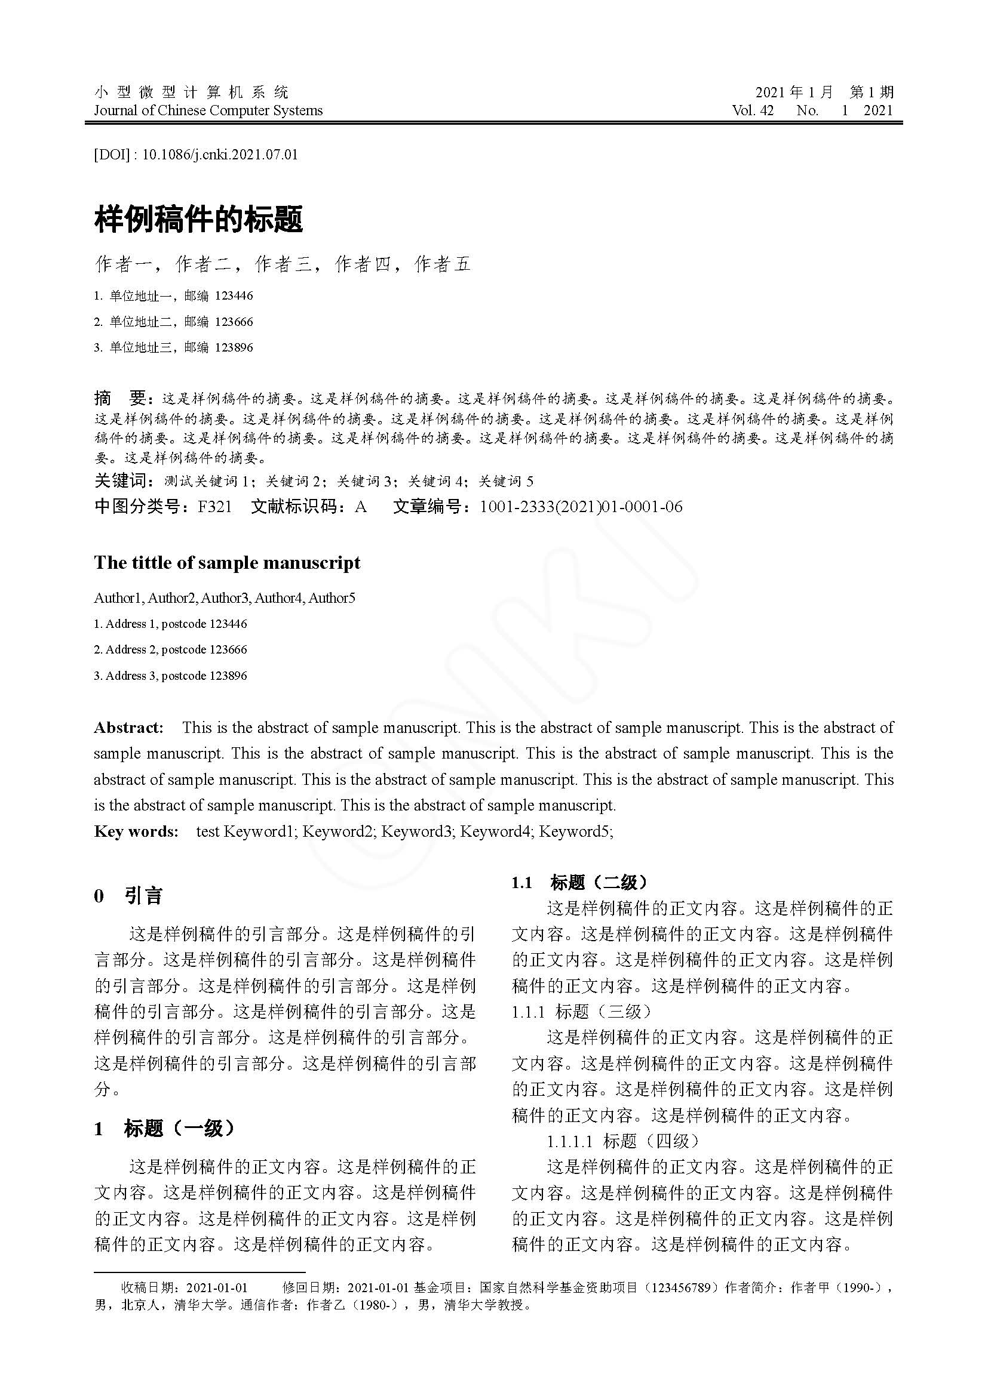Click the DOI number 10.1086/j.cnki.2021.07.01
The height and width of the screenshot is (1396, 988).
[x=220, y=155]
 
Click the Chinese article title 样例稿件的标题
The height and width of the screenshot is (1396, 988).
[x=198, y=220]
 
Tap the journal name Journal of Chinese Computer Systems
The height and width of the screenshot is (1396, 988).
[x=208, y=110]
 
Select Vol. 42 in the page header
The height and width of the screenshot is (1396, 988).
[x=753, y=110]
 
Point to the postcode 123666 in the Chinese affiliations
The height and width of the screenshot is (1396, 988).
[x=234, y=322]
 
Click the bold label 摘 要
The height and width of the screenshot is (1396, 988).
[x=121, y=399]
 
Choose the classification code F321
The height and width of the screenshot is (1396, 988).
[x=215, y=507]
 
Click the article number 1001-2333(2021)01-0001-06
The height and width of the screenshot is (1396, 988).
[x=581, y=507]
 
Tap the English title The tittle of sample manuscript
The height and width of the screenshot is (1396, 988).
[x=227, y=563]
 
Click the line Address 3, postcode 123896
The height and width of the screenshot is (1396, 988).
[x=170, y=676]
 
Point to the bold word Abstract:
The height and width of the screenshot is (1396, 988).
[x=128, y=728]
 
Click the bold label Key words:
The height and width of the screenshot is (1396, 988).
[x=136, y=831]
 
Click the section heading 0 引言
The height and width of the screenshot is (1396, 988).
[x=128, y=896]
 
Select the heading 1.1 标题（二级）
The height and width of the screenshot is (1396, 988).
[x=579, y=882]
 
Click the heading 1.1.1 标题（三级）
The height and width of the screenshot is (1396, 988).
[x=581, y=1012]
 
